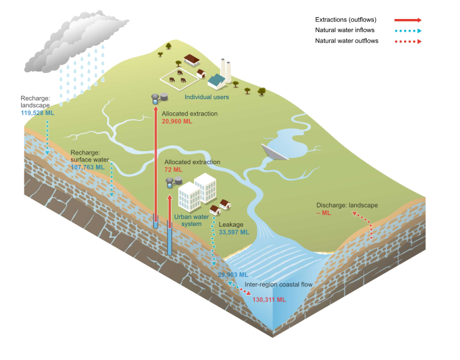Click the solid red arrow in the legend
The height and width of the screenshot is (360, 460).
(x=407, y=20)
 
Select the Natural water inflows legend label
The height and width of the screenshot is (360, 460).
(x=345, y=30)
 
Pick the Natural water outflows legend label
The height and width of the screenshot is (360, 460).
(x=347, y=41)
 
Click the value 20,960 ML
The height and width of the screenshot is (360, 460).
(x=177, y=122)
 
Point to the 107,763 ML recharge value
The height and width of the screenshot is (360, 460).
(x=87, y=167)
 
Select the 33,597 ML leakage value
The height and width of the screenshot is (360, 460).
(x=234, y=232)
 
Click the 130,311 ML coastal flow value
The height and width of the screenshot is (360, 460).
(x=269, y=300)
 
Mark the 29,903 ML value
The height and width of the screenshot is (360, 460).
(x=233, y=275)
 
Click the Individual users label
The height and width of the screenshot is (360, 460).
(x=206, y=97)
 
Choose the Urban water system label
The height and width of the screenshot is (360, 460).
(x=191, y=220)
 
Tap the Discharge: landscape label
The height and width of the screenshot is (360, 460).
(x=347, y=205)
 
